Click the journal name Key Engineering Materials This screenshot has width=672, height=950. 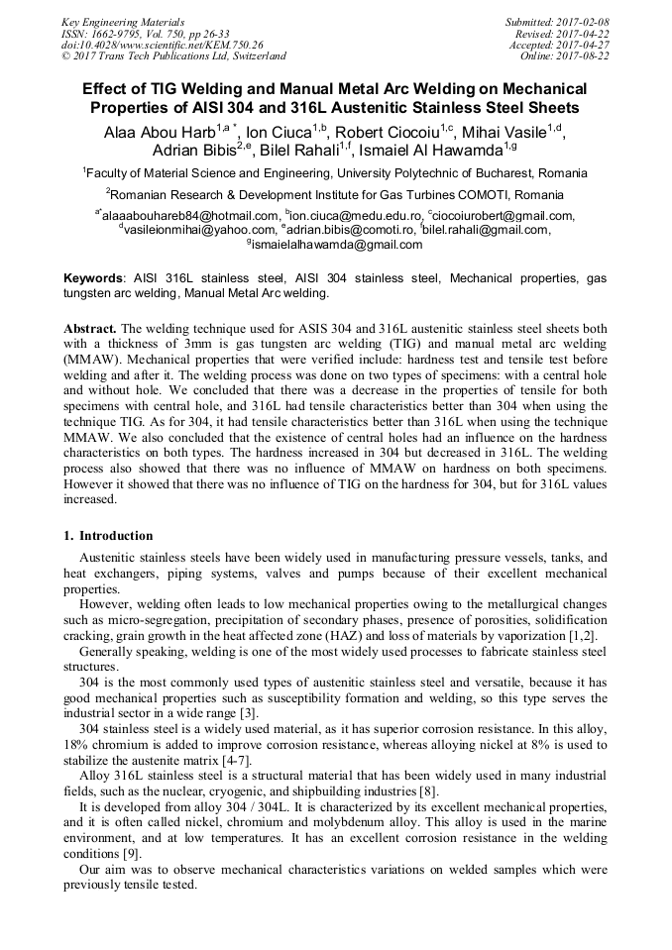pos(122,21)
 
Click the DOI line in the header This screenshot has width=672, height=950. pos(163,45)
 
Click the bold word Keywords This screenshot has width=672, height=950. pos(94,279)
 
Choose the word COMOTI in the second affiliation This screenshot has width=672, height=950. pos(487,194)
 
